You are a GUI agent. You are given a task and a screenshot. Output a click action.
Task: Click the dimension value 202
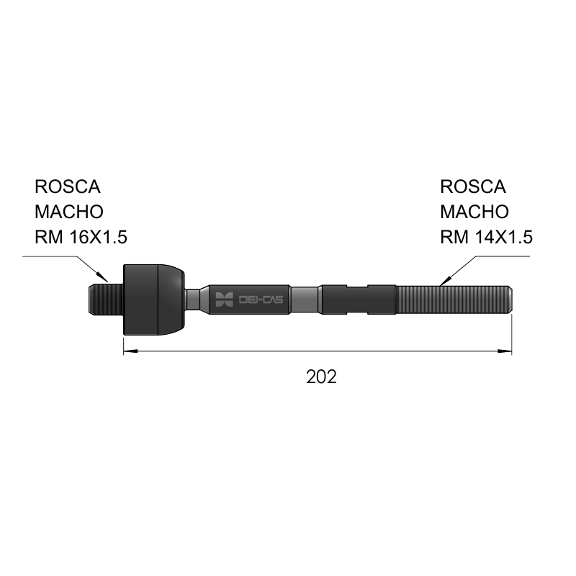tap(321, 377)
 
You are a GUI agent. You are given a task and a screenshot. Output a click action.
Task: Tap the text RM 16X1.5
tap(81, 237)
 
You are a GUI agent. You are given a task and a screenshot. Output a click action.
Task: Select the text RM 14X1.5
tap(487, 237)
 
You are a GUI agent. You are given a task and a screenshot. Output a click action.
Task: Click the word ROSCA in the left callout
tap(68, 186)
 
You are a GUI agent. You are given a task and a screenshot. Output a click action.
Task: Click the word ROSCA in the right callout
tap(473, 186)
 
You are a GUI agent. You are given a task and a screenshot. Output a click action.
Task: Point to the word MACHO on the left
tap(69, 212)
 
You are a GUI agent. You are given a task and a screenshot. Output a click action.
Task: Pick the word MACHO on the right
tap(474, 212)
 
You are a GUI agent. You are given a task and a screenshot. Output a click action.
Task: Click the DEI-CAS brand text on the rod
tap(261, 300)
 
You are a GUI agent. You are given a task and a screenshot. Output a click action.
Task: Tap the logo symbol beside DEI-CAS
tap(224, 300)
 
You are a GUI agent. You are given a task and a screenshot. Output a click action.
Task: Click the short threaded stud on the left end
tap(106, 300)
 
